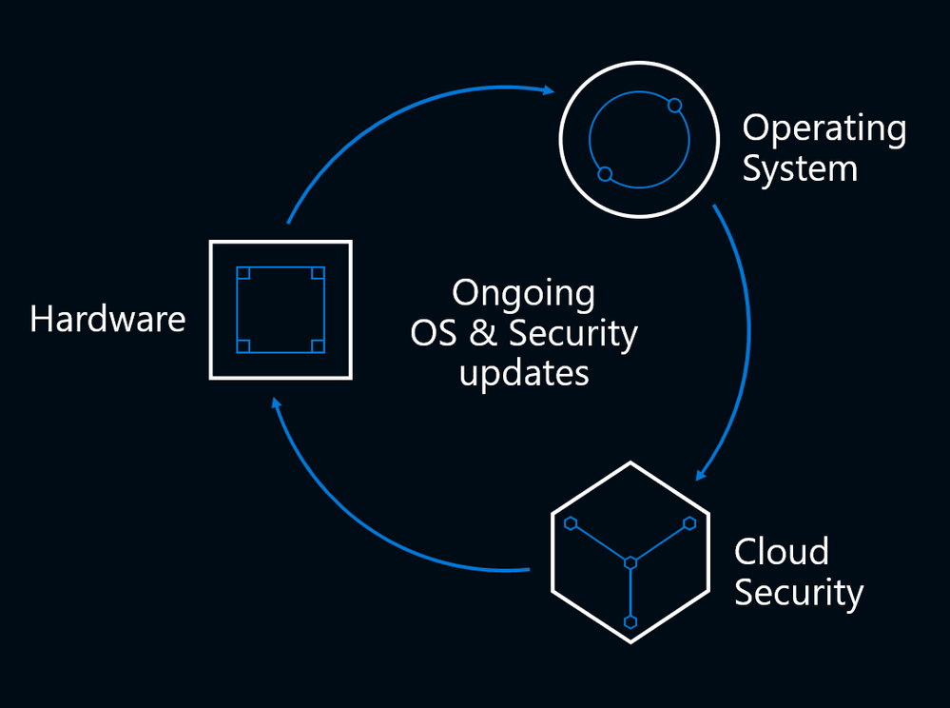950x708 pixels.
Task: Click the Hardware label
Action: [x=107, y=319]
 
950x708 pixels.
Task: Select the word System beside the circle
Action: [x=799, y=169]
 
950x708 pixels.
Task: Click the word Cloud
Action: [x=781, y=552]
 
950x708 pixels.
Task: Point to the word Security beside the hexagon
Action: [x=798, y=593]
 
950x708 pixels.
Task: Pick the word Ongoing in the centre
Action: [x=523, y=294]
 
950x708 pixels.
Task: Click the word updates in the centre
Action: [x=524, y=373]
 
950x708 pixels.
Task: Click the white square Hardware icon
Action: [x=281, y=309]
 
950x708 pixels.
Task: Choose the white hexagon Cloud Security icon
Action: [x=630, y=552]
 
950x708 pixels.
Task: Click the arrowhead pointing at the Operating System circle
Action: [x=549, y=90]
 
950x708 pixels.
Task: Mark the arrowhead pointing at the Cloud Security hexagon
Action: [x=701, y=473]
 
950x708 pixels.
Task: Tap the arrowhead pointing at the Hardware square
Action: [x=276, y=403]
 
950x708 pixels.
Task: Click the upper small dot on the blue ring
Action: [x=674, y=105]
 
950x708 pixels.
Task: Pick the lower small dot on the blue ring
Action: [x=604, y=174]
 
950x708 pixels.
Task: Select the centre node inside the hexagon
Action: [x=630, y=563]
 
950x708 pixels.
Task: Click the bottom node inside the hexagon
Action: [x=630, y=621]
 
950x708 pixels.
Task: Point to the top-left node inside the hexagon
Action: [x=571, y=523]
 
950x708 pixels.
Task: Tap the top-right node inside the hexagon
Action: [x=688, y=523]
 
